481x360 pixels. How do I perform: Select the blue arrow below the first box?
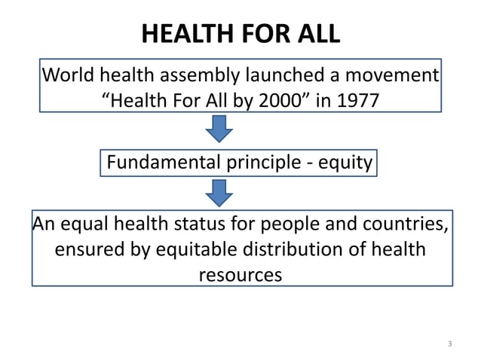coord(219,130)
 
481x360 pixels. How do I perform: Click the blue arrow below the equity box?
coord(219,194)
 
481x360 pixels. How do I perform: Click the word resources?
coord(240,275)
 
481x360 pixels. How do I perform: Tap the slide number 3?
coord(449,344)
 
